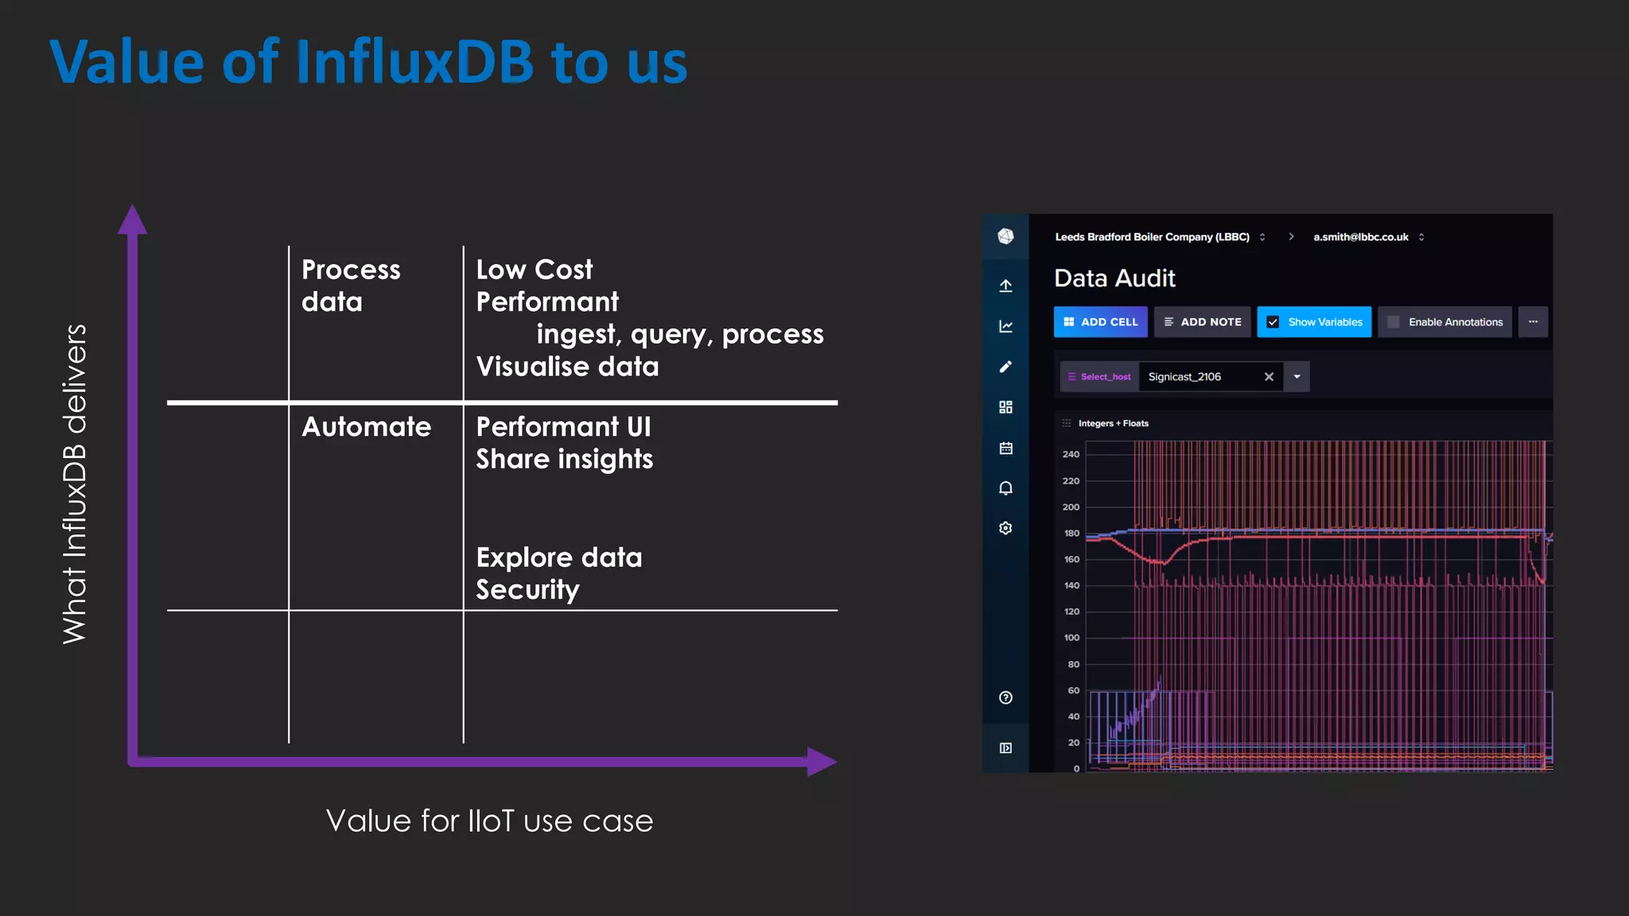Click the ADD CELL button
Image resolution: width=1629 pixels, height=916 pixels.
[1100, 322]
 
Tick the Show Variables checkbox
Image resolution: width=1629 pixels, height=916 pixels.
[1273, 322]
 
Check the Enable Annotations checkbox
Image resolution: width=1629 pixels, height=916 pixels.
[1393, 322]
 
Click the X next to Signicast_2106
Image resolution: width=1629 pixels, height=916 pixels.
[1269, 377]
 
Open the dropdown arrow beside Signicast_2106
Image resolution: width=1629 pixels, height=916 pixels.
[1297, 377]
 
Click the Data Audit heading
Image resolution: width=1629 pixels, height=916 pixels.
[1114, 278]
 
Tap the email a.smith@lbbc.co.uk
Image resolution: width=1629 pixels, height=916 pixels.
[1360, 237]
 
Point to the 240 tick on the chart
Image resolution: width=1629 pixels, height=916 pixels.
[1071, 454]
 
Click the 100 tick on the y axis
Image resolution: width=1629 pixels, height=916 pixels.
[1071, 638]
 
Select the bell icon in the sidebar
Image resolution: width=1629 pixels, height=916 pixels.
[1005, 488]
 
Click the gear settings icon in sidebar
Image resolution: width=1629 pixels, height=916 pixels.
[1005, 528]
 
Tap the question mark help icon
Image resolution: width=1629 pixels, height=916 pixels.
[1005, 697]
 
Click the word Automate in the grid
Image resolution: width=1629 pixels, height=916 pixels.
[366, 427]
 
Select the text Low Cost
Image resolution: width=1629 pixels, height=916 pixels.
[534, 270]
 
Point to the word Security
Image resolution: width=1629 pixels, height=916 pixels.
[527, 590]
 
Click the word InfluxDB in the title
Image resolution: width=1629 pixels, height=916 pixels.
[414, 62]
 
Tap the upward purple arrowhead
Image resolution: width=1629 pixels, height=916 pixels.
[132, 220]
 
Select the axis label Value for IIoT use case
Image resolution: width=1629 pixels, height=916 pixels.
[489, 821]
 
